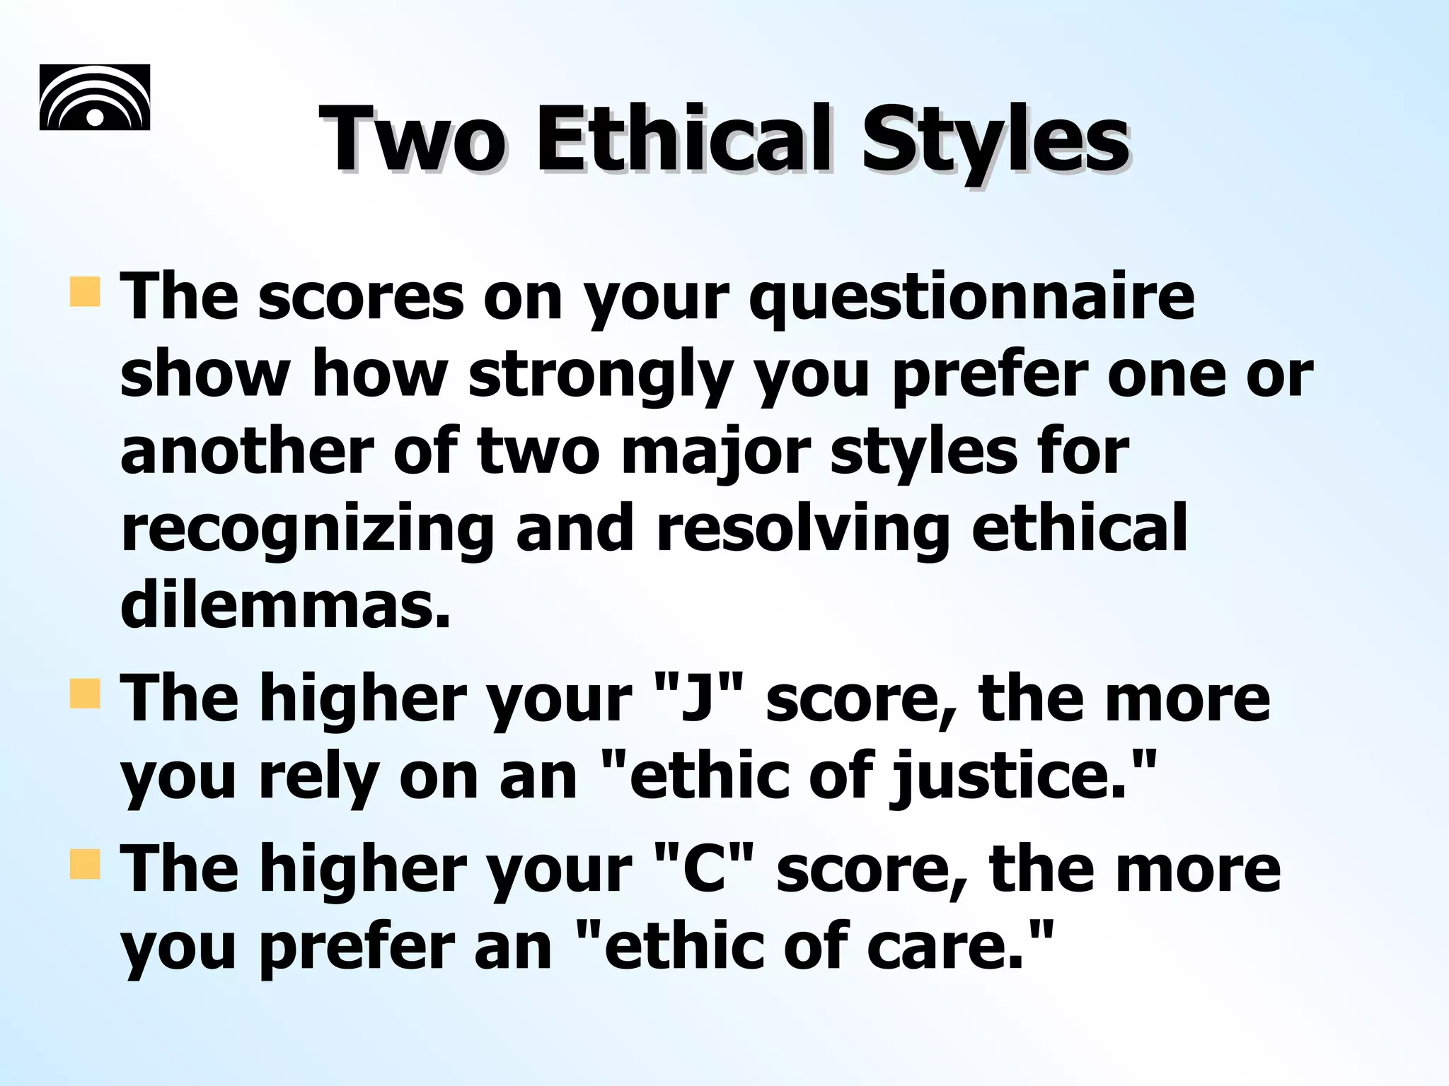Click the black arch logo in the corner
[95, 98]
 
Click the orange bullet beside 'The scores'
[85, 292]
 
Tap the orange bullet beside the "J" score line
[85, 693]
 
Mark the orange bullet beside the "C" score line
[85, 864]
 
